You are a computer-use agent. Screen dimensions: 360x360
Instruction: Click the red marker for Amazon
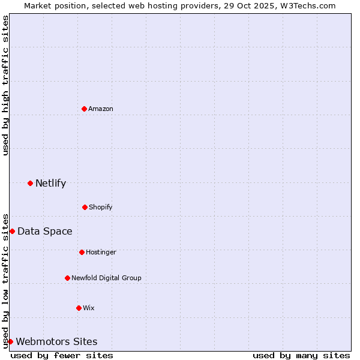coord(85,109)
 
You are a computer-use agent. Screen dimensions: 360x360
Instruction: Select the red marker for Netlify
coord(31,183)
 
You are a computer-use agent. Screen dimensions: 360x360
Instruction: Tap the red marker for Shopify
coord(85,207)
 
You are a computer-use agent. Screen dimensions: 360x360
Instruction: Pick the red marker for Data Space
coord(12,231)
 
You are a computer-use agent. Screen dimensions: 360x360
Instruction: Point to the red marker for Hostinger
coord(82,252)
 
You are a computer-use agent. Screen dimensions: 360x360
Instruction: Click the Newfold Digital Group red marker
coord(67,278)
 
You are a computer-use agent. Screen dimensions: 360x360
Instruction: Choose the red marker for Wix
coord(79,308)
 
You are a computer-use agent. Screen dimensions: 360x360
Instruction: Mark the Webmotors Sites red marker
coord(10,341)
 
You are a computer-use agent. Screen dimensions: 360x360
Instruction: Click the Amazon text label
coord(101,109)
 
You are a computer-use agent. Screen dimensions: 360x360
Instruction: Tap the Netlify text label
coord(50,184)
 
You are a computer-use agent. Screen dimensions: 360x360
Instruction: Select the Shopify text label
coord(100,207)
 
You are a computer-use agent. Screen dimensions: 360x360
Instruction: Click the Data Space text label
coord(45,232)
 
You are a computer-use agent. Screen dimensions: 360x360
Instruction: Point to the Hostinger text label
coord(101,252)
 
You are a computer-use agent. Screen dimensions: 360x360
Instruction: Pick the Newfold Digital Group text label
coord(106,278)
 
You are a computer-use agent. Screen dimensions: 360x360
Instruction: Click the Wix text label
coord(88,308)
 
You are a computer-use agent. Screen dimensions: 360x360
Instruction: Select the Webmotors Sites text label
coord(56,342)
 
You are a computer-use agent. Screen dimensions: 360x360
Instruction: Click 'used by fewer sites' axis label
coord(62,355)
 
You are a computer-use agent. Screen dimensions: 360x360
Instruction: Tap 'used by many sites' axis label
coord(301,355)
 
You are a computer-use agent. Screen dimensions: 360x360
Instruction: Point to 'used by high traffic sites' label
coord(5,85)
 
